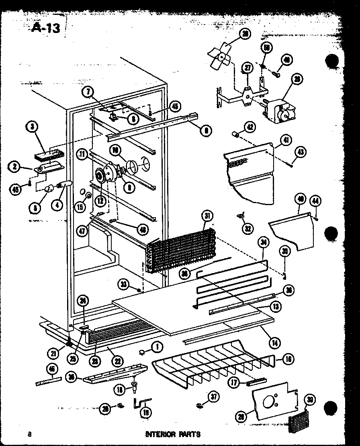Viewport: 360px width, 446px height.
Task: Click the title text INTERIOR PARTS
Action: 172,434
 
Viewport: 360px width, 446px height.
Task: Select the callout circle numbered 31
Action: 207,216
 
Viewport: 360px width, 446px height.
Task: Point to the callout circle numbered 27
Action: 247,68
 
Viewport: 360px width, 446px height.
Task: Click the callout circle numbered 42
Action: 250,127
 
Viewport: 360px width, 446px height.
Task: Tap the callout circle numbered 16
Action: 288,359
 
